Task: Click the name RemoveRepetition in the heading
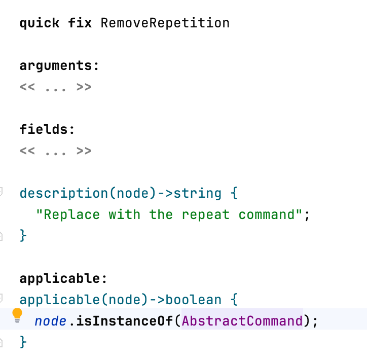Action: (x=165, y=23)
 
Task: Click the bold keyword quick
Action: (x=40, y=24)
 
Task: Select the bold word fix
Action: (x=80, y=23)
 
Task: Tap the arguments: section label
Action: (x=59, y=66)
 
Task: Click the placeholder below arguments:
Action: (x=55, y=87)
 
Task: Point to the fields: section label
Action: (x=47, y=129)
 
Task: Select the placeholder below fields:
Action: (x=55, y=151)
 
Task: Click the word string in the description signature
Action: (x=197, y=194)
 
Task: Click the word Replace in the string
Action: (x=72, y=214)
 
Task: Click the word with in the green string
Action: (x=125, y=214)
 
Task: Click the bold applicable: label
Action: (x=63, y=279)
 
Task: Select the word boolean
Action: (x=193, y=300)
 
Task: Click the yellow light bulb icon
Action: (x=17, y=315)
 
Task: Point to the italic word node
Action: (x=50, y=321)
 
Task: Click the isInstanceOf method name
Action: (x=125, y=321)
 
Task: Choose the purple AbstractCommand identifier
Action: (x=242, y=321)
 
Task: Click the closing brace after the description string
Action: (x=23, y=235)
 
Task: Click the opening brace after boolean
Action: (x=234, y=300)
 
